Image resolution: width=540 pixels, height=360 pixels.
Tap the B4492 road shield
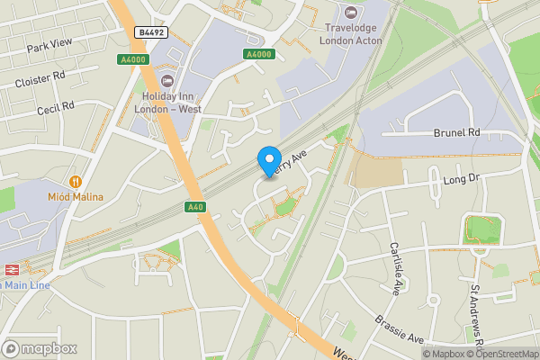coord(150,32)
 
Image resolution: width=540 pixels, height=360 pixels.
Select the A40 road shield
coord(195,207)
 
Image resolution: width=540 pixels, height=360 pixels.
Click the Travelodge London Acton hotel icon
coord(350,13)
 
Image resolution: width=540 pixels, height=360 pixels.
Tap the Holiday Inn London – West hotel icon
coord(167,82)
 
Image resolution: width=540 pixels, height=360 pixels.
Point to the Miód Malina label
coord(76,197)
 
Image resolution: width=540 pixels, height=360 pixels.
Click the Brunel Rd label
coord(457,132)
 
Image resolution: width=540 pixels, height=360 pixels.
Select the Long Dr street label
coord(463,180)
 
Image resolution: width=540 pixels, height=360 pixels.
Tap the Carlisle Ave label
coord(396,267)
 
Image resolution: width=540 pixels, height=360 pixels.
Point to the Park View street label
coord(49,45)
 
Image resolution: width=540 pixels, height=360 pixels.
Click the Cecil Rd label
coord(55,108)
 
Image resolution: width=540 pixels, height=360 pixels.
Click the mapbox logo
coord(40,348)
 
